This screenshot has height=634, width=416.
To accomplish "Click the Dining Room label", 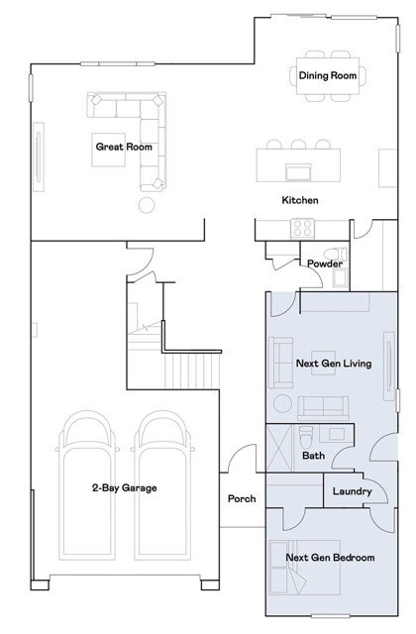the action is (x=328, y=75).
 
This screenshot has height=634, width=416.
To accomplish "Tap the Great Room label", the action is (x=124, y=147).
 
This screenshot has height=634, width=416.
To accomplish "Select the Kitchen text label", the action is (x=300, y=200).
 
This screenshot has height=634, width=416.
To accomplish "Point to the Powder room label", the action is (x=325, y=264).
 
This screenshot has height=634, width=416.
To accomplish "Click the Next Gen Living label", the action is (x=334, y=364).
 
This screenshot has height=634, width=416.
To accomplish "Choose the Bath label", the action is (x=313, y=456).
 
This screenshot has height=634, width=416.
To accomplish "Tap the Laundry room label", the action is (x=353, y=491).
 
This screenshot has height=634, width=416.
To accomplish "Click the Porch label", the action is (x=242, y=498).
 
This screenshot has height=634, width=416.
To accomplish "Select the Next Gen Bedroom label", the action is (x=330, y=558).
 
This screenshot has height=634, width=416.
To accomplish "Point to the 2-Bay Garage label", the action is (x=125, y=487).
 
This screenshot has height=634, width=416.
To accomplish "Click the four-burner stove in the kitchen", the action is (x=302, y=229).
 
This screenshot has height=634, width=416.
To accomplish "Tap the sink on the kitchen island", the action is (x=298, y=172).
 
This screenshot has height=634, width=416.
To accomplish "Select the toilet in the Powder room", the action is (x=335, y=255).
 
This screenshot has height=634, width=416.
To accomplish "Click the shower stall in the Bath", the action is (x=279, y=448).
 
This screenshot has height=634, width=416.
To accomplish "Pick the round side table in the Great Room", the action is (x=147, y=205).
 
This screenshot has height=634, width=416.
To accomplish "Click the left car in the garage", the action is (x=87, y=485).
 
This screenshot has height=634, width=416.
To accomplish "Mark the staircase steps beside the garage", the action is (x=191, y=371).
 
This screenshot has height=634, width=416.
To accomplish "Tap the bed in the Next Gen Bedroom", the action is (x=305, y=568).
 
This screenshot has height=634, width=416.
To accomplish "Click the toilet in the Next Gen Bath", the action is (x=306, y=437).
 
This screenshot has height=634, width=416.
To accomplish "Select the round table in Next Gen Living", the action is (x=282, y=403).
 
